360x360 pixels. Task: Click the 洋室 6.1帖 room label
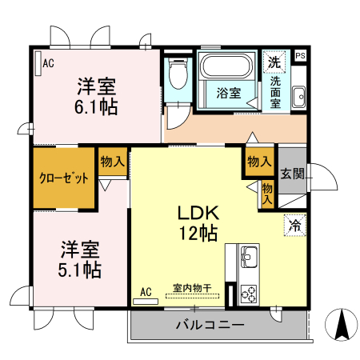[x=98, y=95]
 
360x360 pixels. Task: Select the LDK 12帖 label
[x=198, y=223]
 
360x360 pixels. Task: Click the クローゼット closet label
[x=64, y=178]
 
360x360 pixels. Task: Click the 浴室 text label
[x=229, y=93]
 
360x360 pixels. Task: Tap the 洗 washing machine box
[x=274, y=62]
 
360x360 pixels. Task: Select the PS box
[x=300, y=55]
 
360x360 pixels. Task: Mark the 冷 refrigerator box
[x=294, y=226]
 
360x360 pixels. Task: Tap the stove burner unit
[x=247, y=294]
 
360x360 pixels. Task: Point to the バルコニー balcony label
[x=210, y=325]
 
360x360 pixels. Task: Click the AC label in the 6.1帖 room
[x=48, y=63]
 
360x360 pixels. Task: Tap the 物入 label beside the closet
[x=112, y=161]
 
